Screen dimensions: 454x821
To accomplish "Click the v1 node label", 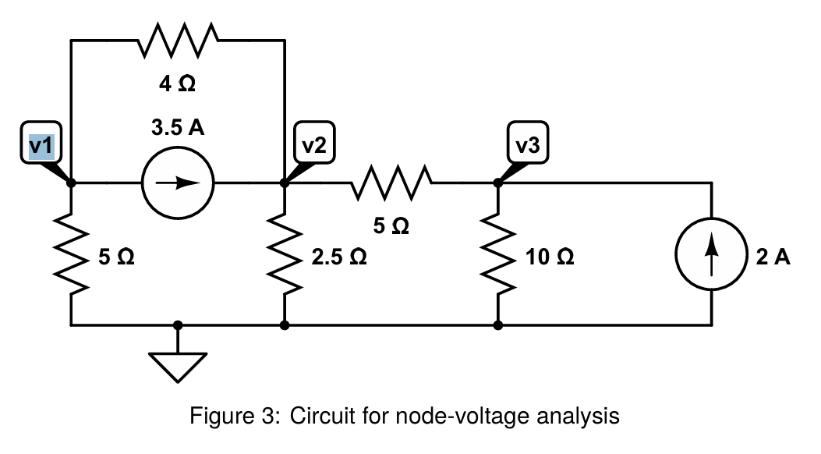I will pyautogui.click(x=41, y=145).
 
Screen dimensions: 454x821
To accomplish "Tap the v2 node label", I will pyautogui.click(x=314, y=145).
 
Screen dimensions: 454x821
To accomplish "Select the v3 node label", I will pyautogui.click(x=527, y=145).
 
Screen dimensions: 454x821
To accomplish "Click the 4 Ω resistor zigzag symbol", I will pyautogui.click(x=178, y=40).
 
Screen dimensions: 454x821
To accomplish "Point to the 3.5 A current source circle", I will pyautogui.click(x=177, y=183).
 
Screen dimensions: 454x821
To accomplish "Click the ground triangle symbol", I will pyautogui.click(x=179, y=366).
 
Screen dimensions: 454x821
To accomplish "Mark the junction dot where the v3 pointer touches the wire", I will pyautogui.click(x=497, y=183).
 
